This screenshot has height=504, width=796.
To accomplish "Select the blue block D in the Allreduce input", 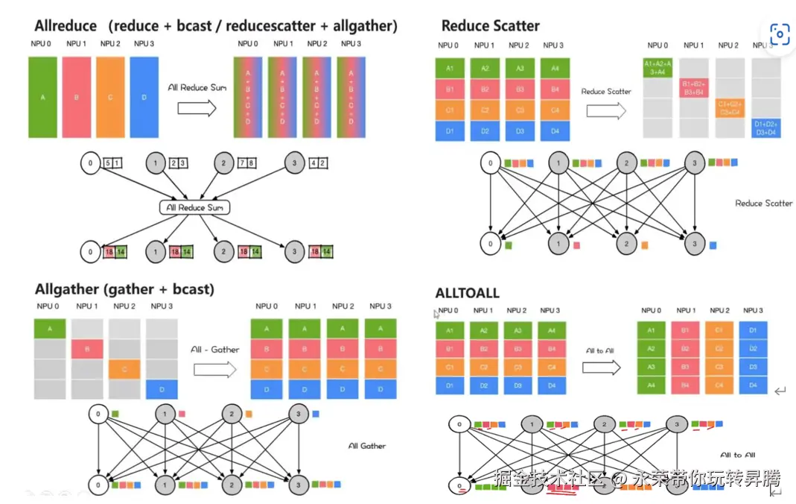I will tap(144, 97).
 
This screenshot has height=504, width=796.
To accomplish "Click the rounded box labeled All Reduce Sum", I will tap(194, 207).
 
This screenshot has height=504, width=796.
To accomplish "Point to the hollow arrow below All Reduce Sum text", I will tap(197, 108).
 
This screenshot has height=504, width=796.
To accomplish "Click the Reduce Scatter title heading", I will tap(490, 26).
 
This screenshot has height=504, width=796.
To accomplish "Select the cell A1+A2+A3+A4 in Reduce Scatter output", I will tap(658, 68).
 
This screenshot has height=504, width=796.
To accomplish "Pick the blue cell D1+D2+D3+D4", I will tap(766, 127).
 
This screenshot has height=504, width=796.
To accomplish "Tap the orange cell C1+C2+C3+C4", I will tap(730, 108).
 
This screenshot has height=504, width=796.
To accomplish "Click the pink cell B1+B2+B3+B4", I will tap(693, 88).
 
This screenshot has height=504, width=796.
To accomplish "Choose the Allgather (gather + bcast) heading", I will tap(124, 289).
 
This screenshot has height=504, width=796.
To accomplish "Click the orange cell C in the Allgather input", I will tap(124, 369).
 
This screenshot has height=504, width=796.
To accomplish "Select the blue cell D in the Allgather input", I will tap(162, 388).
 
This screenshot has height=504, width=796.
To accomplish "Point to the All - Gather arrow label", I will tap(214, 350).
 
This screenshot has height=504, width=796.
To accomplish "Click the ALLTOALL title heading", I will tap(467, 293).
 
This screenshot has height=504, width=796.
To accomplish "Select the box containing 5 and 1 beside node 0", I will tap(113, 163).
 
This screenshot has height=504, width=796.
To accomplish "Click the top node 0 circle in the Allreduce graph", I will tap(91, 163).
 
